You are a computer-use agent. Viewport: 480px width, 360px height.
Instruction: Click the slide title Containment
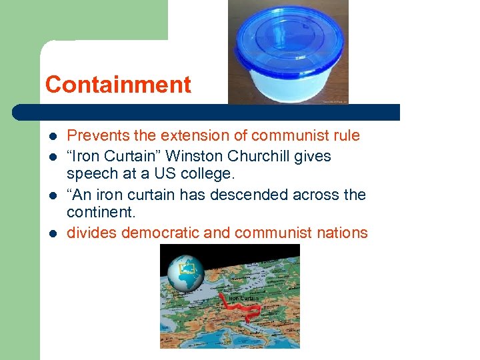[118, 85]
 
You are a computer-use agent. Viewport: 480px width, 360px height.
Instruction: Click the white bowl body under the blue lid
[288, 84]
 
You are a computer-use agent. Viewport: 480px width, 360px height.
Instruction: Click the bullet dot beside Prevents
[52, 137]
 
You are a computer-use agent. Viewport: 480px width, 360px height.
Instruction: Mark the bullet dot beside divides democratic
[52, 233]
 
